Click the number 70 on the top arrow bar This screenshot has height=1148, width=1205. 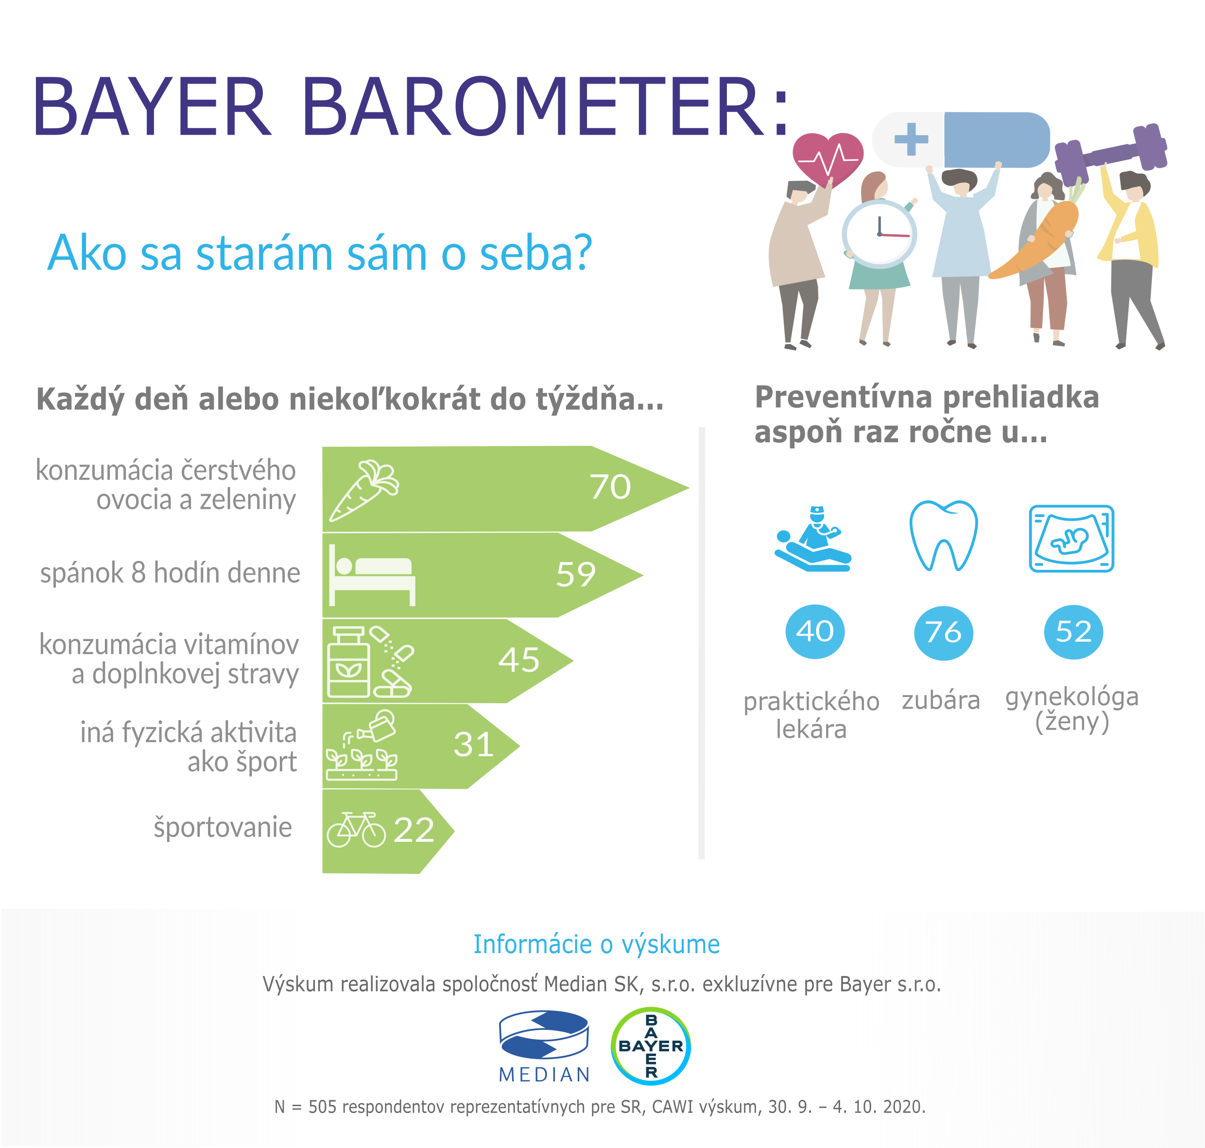(x=610, y=487)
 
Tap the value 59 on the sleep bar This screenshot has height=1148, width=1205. (x=576, y=574)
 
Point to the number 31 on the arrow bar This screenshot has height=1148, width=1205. (x=473, y=745)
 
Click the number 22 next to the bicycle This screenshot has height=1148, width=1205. (x=414, y=831)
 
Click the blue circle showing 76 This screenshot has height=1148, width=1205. (x=943, y=633)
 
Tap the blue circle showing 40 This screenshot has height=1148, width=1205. (x=815, y=631)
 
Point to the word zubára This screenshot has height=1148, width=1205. (x=941, y=700)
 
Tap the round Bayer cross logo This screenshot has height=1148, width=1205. (x=651, y=1046)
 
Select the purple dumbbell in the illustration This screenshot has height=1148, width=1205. (x=1110, y=154)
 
